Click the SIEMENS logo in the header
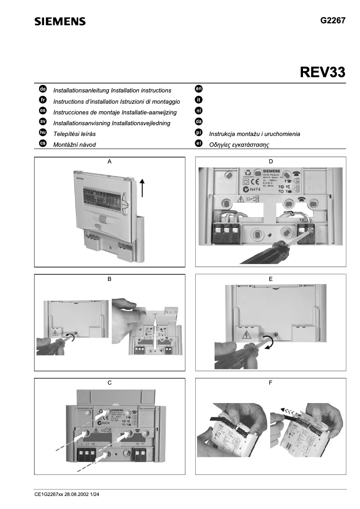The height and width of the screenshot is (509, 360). (60, 22)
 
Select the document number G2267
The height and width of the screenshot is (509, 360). (333, 21)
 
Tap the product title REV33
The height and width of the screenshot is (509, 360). (322, 72)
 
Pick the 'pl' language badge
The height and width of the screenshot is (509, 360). (198, 133)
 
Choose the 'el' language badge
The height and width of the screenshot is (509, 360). (198, 144)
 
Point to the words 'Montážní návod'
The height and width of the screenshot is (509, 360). (75, 145)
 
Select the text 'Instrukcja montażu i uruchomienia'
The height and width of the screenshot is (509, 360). (255, 134)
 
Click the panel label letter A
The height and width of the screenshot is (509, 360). (110, 161)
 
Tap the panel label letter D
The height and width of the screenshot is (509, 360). (270, 161)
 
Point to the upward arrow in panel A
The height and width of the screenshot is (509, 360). (142, 187)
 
